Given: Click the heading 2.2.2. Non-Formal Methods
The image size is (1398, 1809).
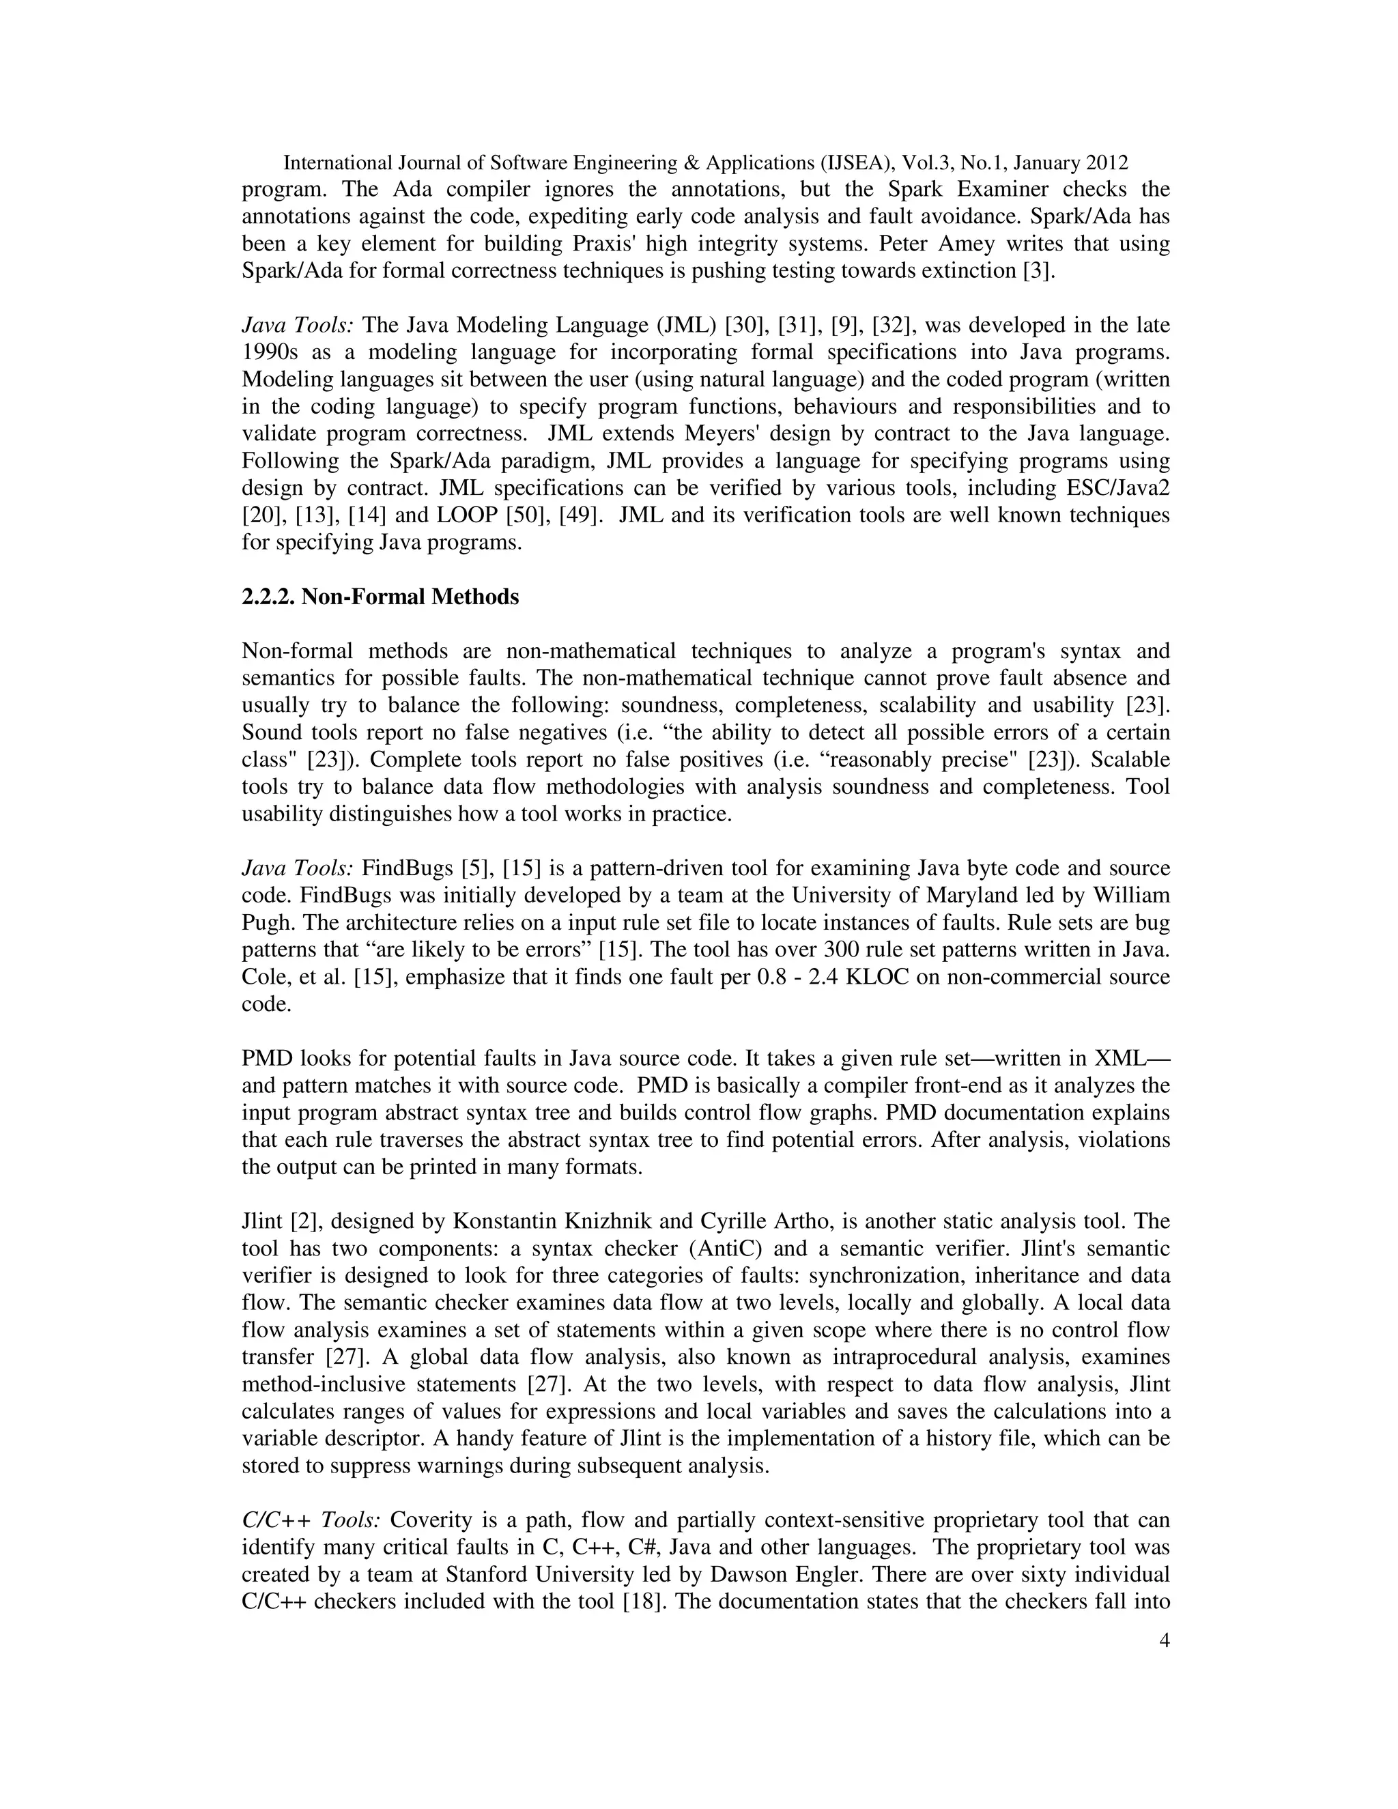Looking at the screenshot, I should (x=380, y=597).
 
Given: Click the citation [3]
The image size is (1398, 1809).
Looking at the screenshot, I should (x=1040, y=271).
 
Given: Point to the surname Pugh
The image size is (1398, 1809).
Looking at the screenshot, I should (x=266, y=923).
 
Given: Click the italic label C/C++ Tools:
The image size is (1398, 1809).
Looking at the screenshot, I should (x=311, y=1521).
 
